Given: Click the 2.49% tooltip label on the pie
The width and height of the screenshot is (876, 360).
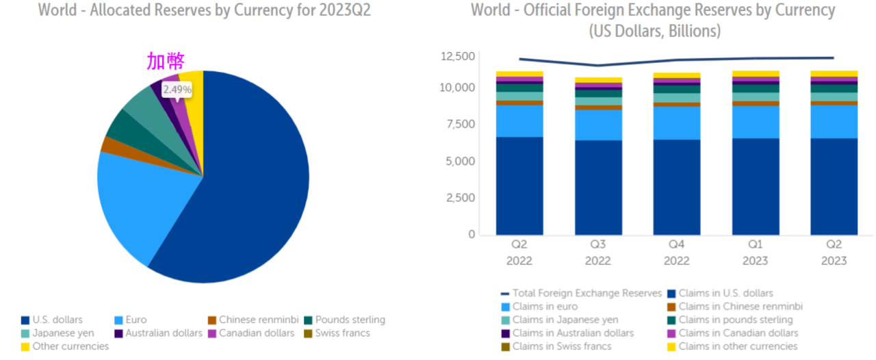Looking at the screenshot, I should (x=177, y=90).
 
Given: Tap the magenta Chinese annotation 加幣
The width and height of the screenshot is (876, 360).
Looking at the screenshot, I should (x=166, y=62).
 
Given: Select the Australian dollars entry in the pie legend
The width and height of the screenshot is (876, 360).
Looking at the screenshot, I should (x=162, y=333).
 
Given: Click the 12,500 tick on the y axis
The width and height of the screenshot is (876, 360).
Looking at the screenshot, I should (x=457, y=57).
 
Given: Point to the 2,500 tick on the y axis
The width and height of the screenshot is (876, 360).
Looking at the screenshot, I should (x=460, y=198).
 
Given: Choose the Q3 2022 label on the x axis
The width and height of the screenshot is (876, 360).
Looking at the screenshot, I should (x=598, y=253).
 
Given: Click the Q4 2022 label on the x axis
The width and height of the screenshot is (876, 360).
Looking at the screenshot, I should (x=677, y=253).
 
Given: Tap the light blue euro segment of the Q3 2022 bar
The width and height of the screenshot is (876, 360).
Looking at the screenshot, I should (x=598, y=125).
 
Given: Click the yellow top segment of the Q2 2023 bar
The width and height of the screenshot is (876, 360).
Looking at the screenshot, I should (x=834, y=73).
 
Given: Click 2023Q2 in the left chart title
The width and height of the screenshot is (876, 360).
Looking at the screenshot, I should (x=339, y=11).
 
